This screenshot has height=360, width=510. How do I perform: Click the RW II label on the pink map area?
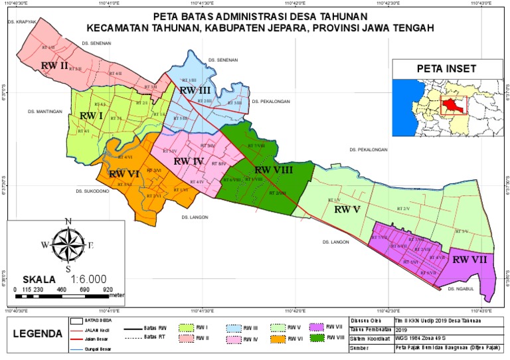point(54,66)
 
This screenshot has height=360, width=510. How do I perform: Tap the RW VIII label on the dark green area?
point(274,170)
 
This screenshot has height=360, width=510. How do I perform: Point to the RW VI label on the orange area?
point(124,174)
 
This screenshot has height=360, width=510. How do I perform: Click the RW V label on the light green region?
point(347,209)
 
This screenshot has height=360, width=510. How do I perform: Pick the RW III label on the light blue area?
point(195,90)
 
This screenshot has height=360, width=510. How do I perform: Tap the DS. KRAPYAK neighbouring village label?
point(21,22)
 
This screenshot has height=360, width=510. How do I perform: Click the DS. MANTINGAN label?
point(44,112)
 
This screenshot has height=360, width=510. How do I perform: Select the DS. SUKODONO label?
point(92,191)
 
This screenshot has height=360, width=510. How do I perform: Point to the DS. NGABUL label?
point(460,289)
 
